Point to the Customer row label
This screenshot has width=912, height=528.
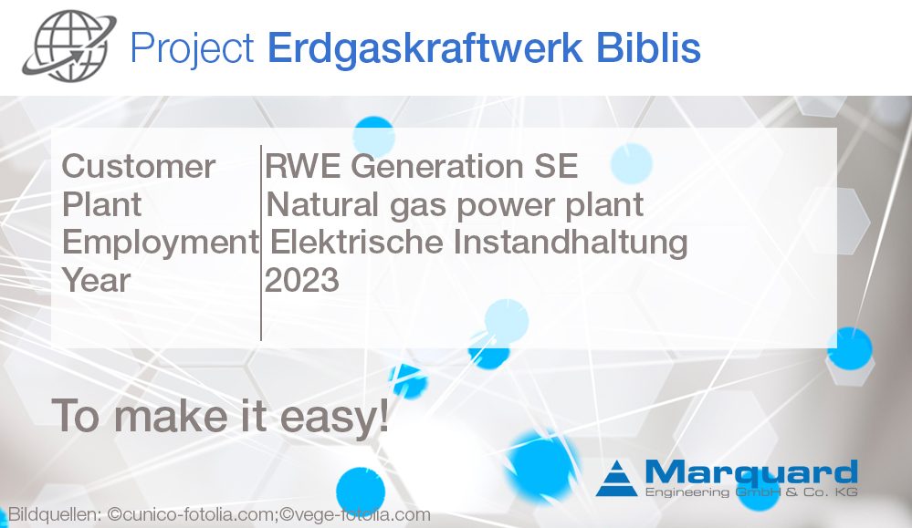[139, 167]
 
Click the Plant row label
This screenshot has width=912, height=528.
[101, 204]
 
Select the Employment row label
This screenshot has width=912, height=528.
[160, 243]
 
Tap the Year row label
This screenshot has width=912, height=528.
[96, 280]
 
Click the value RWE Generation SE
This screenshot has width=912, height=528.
[422, 167]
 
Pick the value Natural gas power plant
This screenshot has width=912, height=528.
[455, 204]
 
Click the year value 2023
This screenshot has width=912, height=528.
[302, 280]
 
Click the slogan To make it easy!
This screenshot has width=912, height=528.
[220, 416]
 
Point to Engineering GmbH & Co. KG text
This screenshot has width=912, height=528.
[750, 492]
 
